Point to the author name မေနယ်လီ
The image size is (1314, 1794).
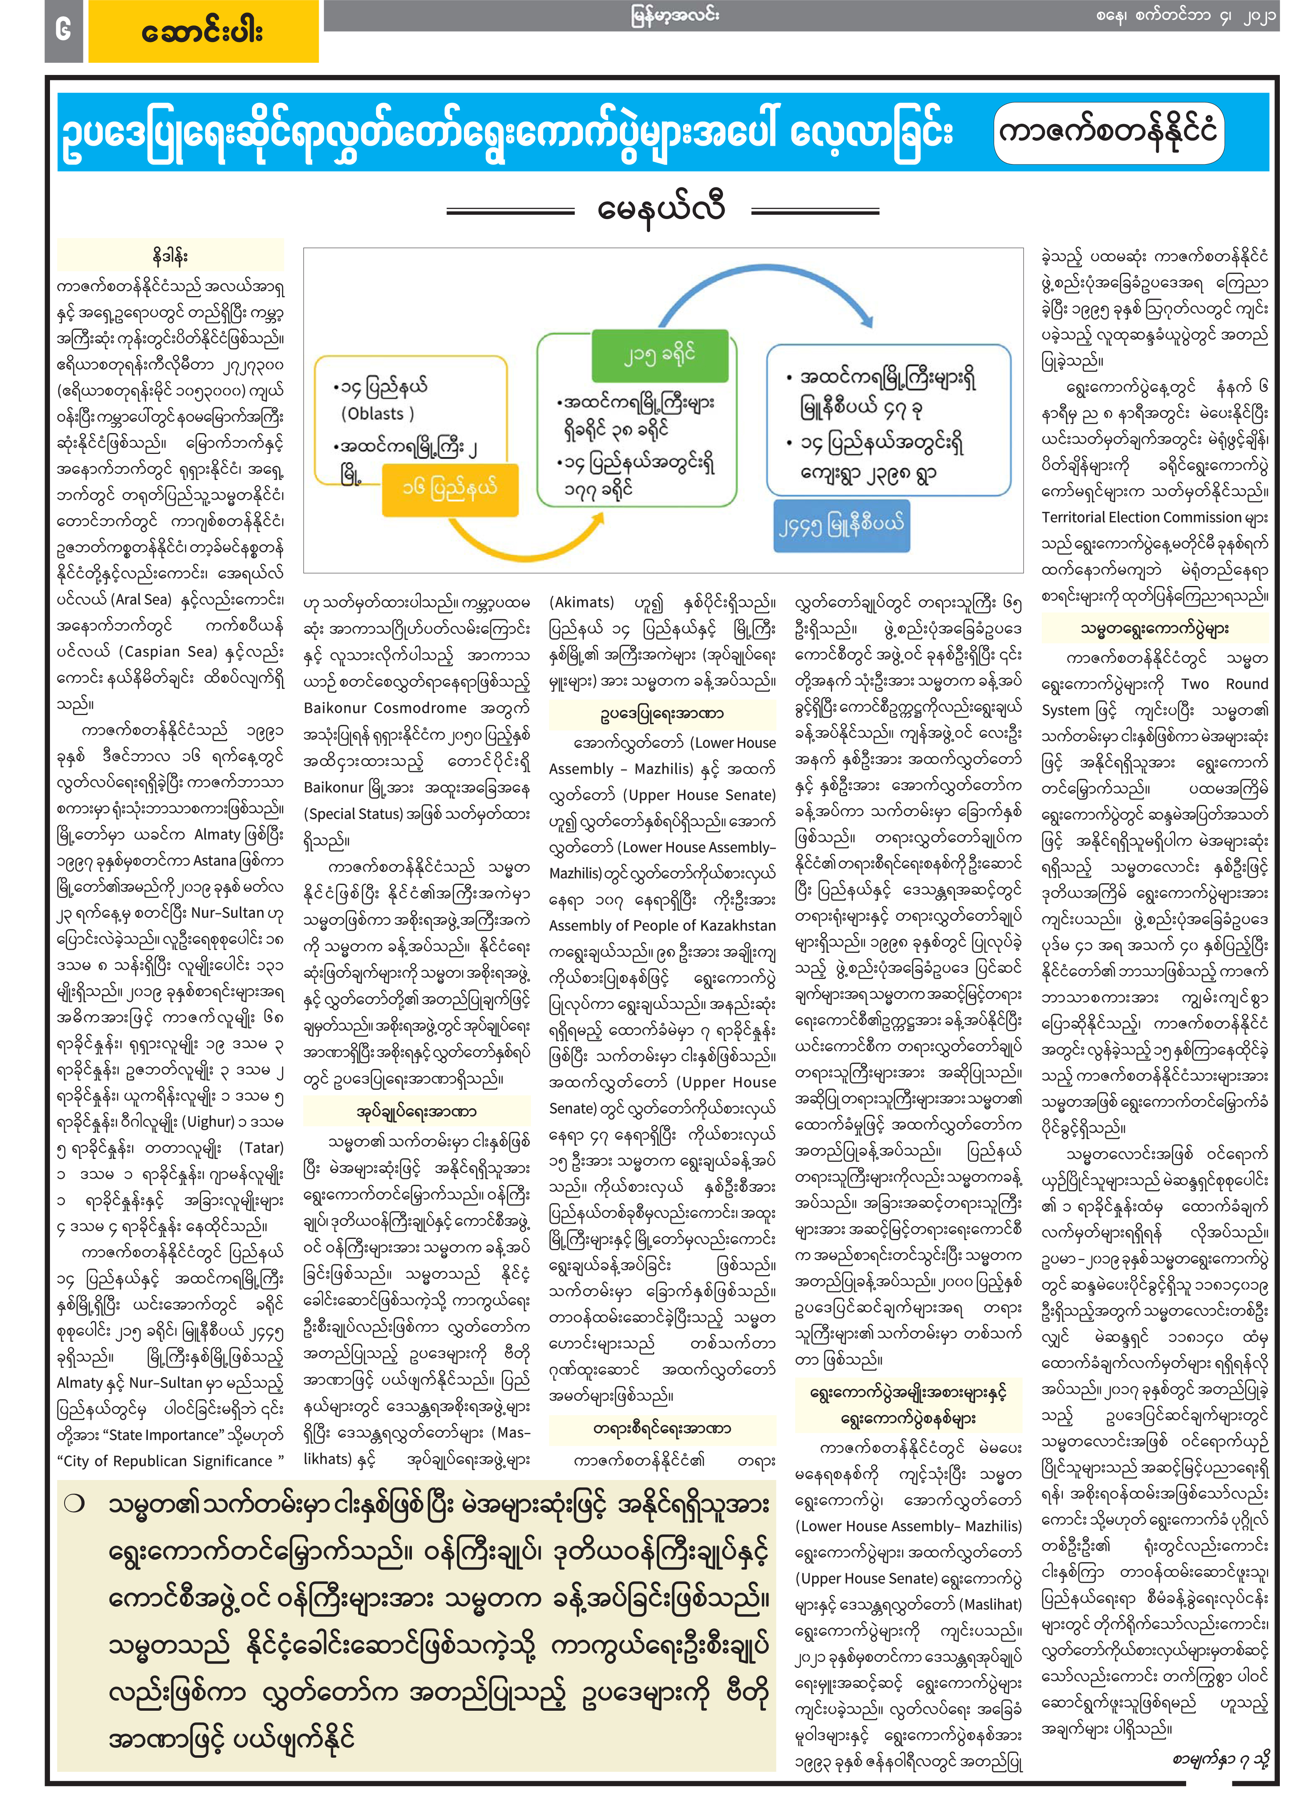(x=662, y=211)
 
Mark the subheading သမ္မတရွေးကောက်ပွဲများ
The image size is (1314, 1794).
(x=1154, y=628)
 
